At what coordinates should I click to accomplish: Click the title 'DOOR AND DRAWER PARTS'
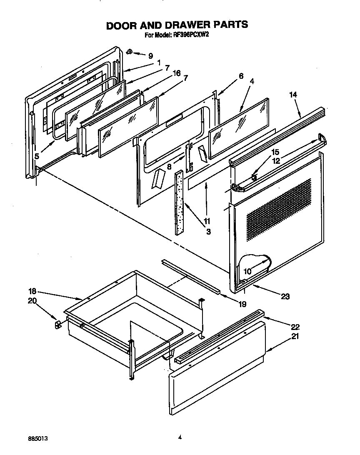[x=177, y=25]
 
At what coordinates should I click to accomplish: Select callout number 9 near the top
[x=150, y=56]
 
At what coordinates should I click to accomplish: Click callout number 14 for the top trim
[x=293, y=95]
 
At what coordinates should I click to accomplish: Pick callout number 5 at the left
[x=37, y=156]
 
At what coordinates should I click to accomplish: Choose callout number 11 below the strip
[x=207, y=221]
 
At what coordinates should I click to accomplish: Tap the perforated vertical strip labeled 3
[x=180, y=202]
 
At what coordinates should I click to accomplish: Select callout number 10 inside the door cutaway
[x=247, y=271]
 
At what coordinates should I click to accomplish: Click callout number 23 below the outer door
[x=285, y=297]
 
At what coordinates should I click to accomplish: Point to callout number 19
[x=242, y=304]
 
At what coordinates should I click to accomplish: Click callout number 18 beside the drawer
[x=32, y=292]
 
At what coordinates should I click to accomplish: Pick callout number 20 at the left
[x=32, y=301]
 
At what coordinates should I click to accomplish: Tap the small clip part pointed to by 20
[x=57, y=324]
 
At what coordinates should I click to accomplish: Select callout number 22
[x=295, y=327]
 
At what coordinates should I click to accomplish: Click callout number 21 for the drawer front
[x=295, y=337]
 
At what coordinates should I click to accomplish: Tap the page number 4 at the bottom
[x=180, y=437]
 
